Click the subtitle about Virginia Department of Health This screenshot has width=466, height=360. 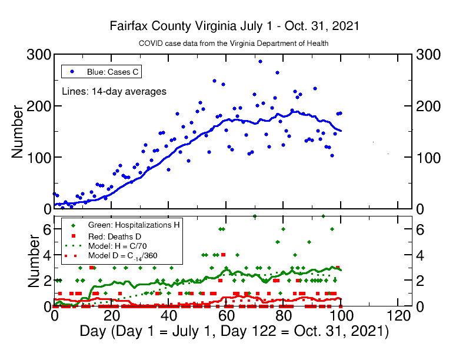click(x=234, y=44)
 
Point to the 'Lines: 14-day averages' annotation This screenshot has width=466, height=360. click(x=114, y=91)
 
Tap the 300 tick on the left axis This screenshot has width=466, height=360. click(x=39, y=55)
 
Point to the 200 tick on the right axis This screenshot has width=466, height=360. click(x=428, y=106)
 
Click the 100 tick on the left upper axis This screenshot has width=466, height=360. click(x=39, y=158)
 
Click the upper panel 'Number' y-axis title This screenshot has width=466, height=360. click(x=18, y=131)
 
